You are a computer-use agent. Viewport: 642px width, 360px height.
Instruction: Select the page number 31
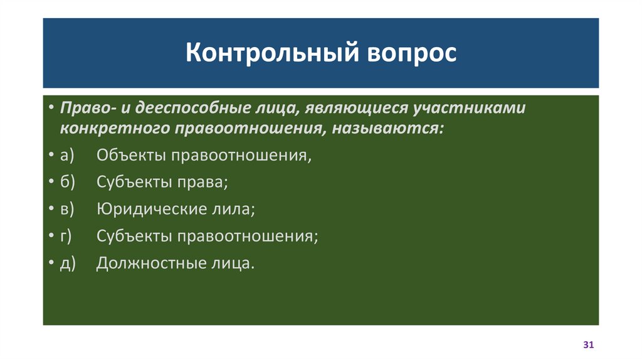588,345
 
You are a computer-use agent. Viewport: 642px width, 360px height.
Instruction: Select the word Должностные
149,263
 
